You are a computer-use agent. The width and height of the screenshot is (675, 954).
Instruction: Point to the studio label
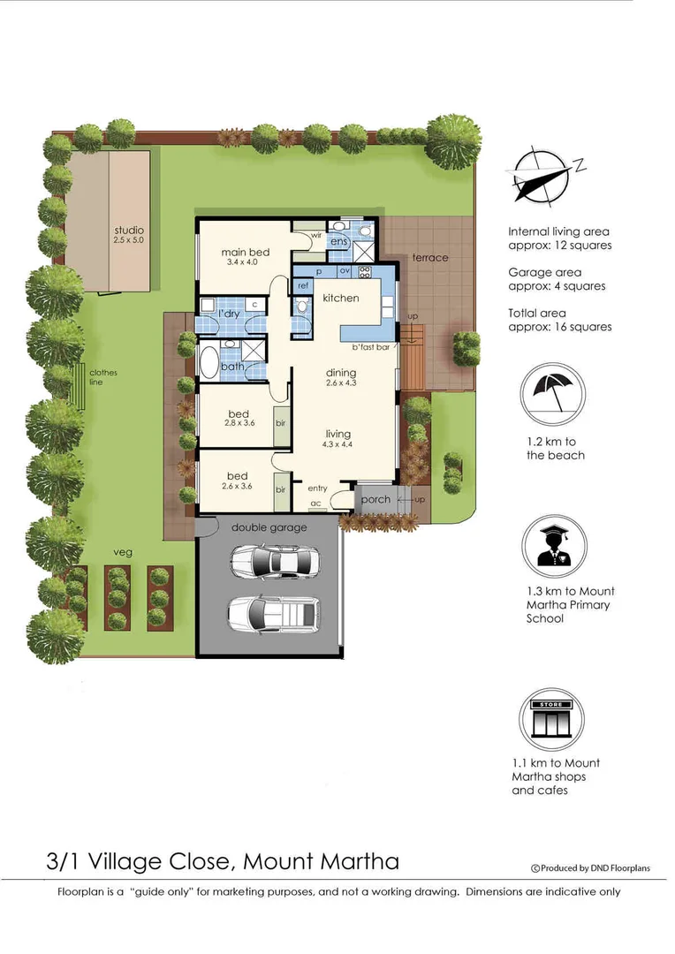128,231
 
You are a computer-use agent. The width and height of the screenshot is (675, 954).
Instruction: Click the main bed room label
245,253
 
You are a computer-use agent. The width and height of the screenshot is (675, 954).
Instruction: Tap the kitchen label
340,299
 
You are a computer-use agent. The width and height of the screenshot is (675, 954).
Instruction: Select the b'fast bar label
371,347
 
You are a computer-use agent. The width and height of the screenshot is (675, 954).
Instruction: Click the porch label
375,500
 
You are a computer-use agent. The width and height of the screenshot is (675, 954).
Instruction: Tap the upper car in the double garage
275,560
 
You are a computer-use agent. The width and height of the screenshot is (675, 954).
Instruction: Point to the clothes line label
102,377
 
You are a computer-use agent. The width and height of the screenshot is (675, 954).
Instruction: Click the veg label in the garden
122,552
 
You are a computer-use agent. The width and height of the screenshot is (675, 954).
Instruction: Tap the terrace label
430,258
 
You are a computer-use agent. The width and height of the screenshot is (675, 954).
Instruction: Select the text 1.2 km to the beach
555,449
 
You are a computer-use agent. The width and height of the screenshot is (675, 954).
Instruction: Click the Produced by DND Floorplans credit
589,868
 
